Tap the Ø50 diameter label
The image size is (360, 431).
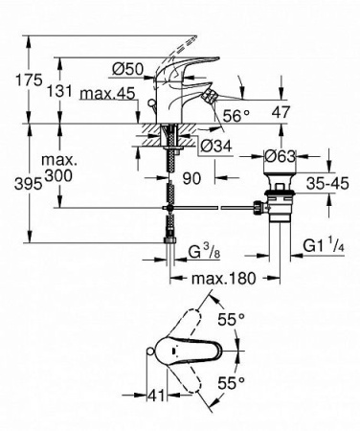[126, 69]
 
